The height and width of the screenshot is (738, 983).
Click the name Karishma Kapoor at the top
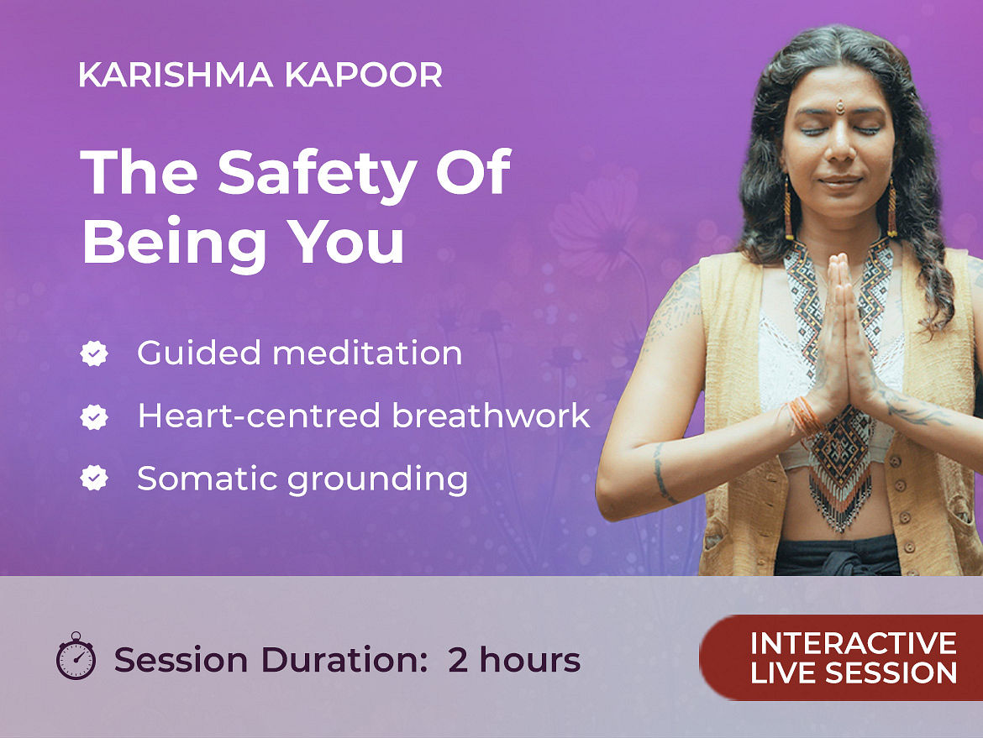pos(260,76)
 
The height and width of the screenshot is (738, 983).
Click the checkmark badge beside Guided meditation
pos(94,353)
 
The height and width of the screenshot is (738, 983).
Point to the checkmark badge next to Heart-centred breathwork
pos(94,416)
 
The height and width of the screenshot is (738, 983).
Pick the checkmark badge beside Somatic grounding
pos(94,479)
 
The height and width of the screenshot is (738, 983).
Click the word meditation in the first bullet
pos(367,353)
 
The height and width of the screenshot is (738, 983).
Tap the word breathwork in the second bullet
pos(491,416)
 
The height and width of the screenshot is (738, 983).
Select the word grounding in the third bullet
pos(377,480)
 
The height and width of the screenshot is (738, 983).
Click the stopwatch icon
pos(76,656)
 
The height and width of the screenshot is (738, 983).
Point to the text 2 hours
pos(514,660)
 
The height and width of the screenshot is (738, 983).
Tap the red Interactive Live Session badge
pos(841,657)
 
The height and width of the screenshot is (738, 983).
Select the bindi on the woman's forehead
pos(840,107)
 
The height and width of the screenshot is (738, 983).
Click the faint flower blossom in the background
pos(596,216)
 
